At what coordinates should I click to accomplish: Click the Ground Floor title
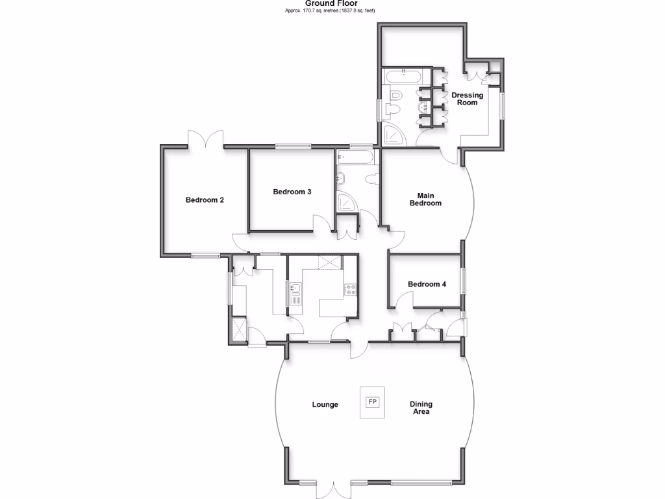click(x=331, y=3)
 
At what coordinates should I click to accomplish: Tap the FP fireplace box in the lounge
click(x=373, y=402)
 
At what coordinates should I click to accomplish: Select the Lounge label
click(x=325, y=405)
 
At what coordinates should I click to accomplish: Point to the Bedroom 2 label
click(x=205, y=200)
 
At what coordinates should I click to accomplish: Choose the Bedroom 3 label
click(x=292, y=192)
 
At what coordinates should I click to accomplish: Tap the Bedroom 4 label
click(x=427, y=284)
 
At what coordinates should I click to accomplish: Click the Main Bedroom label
click(x=425, y=199)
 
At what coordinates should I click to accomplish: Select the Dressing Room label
click(x=467, y=99)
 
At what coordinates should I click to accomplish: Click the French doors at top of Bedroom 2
click(x=205, y=139)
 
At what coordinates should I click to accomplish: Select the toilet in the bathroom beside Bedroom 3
click(x=372, y=179)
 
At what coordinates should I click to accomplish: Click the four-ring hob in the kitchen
click(x=349, y=290)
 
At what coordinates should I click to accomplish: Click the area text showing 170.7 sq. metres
click(x=331, y=11)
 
